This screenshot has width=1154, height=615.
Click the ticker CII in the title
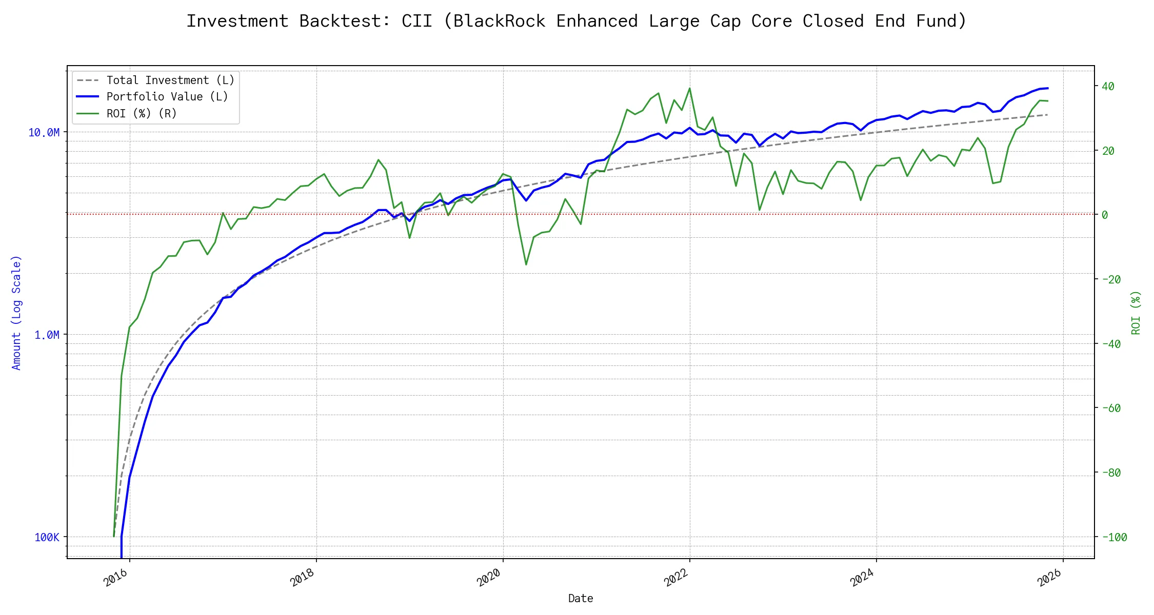click(416, 21)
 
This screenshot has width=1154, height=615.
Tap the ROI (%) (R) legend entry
click(141, 113)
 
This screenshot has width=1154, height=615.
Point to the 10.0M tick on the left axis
click(44, 133)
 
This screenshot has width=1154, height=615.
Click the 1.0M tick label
click(47, 335)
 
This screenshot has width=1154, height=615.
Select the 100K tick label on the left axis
click(47, 537)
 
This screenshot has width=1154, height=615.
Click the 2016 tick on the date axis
click(115, 578)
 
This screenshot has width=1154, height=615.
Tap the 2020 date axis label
click(489, 578)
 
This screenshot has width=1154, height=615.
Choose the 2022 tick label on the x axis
click(675, 578)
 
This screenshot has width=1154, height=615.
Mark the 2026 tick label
click(1049, 578)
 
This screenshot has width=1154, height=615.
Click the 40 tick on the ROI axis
click(1108, 86)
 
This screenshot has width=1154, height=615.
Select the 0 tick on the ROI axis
click(1105, 215)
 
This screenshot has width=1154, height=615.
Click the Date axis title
click(581, 599)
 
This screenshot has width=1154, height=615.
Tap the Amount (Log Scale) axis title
click(16, 313)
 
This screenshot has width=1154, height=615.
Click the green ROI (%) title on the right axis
click(1136, 313)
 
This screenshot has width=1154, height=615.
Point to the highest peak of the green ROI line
click(689, 88)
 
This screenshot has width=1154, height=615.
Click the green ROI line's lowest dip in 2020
click(526, 264)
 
